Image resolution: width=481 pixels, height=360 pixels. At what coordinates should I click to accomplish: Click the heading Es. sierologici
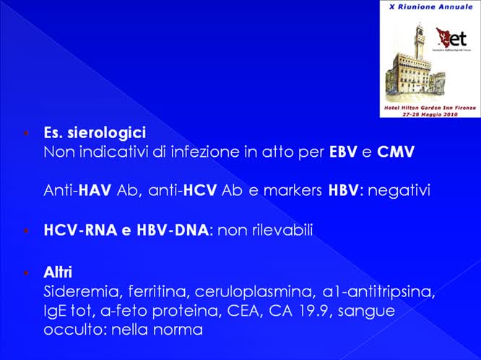95,133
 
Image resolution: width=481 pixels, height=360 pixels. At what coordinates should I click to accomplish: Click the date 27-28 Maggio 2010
429,113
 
